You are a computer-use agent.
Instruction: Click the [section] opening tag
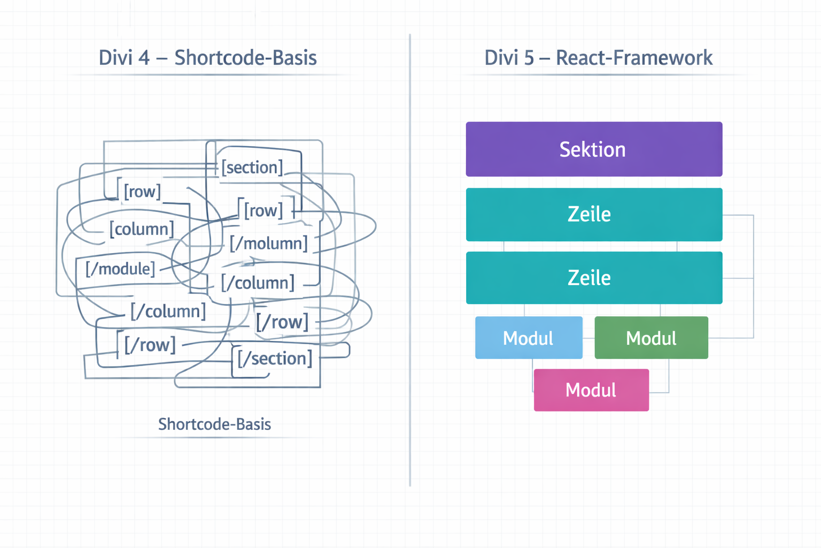(252, 168)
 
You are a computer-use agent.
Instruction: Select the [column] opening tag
(142, 229)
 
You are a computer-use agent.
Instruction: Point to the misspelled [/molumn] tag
(269, 243)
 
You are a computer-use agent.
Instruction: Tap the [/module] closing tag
(120, 269)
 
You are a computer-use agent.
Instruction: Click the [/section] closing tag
(275, 358)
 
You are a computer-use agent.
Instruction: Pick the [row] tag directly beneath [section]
(263, 210)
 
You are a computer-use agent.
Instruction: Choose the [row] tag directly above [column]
(142, 192)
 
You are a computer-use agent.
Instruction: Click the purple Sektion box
(594, 149)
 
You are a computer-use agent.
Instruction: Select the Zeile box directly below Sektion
(594, 215)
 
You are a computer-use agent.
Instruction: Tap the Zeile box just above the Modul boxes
(594, 278)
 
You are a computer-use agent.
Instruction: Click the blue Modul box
(529, 338)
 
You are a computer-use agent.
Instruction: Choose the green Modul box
(651, 338)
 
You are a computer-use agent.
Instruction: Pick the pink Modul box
(591, 390)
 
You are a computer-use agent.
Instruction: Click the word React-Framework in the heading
(634, 58)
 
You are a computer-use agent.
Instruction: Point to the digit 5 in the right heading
(529, 58)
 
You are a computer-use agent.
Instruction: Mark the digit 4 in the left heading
(144, 58)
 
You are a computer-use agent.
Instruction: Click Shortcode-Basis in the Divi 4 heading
(245, 58)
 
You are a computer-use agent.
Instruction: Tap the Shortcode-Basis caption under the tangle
(214, 424)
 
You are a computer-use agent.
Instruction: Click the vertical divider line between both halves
(410, 268)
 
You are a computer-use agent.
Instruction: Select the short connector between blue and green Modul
(588, 338)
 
